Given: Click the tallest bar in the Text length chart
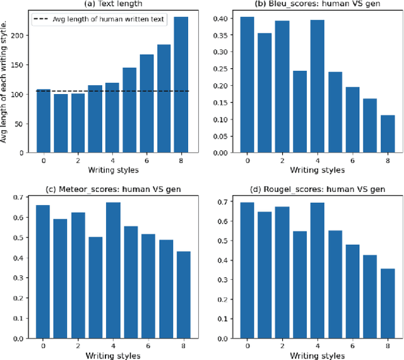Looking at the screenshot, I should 181,85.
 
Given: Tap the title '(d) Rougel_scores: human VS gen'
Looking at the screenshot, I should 317,189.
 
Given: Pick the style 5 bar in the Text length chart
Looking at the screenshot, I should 129,110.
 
